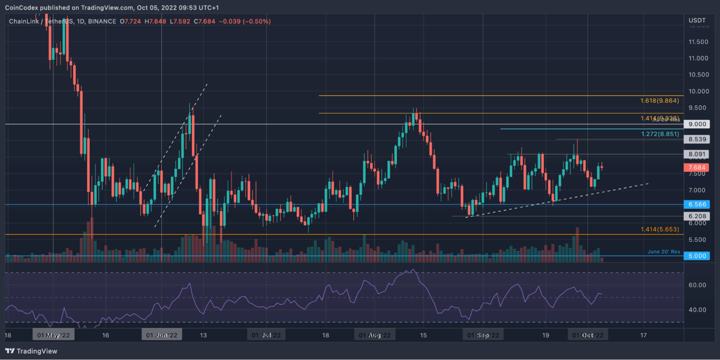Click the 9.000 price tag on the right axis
pyautogui.click(x=696, y=124)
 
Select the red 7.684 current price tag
pyautogui.click(x=696, y=168)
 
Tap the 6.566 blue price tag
pyautogui.click(x=696, y=205)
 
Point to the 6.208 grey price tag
pyautogui.click(x=696, y=216)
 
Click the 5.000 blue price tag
pyautogui.click(x=696, y=256)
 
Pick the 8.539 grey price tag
pyautogui.click(x=696, y=140)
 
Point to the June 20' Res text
pyautogui.click(x=664, y=252)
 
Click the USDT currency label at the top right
pyautogui.click(x=697, y=21)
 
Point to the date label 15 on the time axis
pyautogui.click(x=423, y=335)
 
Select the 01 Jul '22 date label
pyautogui.click(x=267, y=335)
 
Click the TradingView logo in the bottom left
pyautogui.click(x=31, y=351)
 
